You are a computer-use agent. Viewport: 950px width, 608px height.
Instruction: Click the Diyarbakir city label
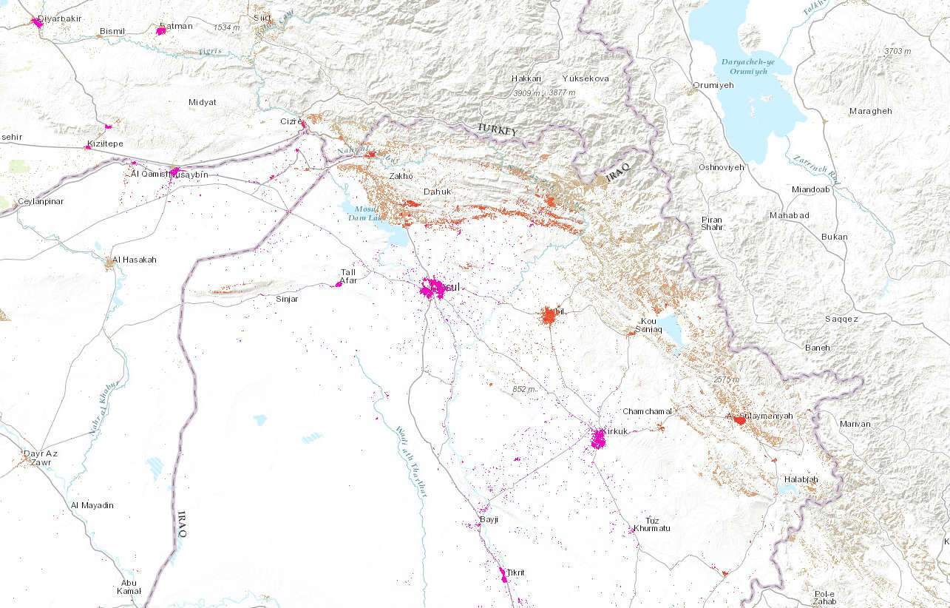60,18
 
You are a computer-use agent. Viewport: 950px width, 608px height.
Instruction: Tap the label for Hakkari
526,78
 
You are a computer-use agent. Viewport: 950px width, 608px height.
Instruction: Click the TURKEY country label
497,129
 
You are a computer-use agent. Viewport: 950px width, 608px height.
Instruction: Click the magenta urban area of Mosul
432,288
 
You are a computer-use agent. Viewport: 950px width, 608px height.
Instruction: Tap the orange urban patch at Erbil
549,316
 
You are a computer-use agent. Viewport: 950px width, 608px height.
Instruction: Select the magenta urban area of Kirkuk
598,440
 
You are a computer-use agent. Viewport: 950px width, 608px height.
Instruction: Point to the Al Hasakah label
133,260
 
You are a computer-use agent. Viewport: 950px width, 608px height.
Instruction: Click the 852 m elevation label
523,389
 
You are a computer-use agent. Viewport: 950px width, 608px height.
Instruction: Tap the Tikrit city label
515,573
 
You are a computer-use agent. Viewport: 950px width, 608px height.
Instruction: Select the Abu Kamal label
128,587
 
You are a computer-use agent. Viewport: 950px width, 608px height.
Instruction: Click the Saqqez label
841,319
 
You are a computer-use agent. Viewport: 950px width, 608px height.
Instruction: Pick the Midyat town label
203,102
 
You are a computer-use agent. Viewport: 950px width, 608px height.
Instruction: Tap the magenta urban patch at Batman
161,30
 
